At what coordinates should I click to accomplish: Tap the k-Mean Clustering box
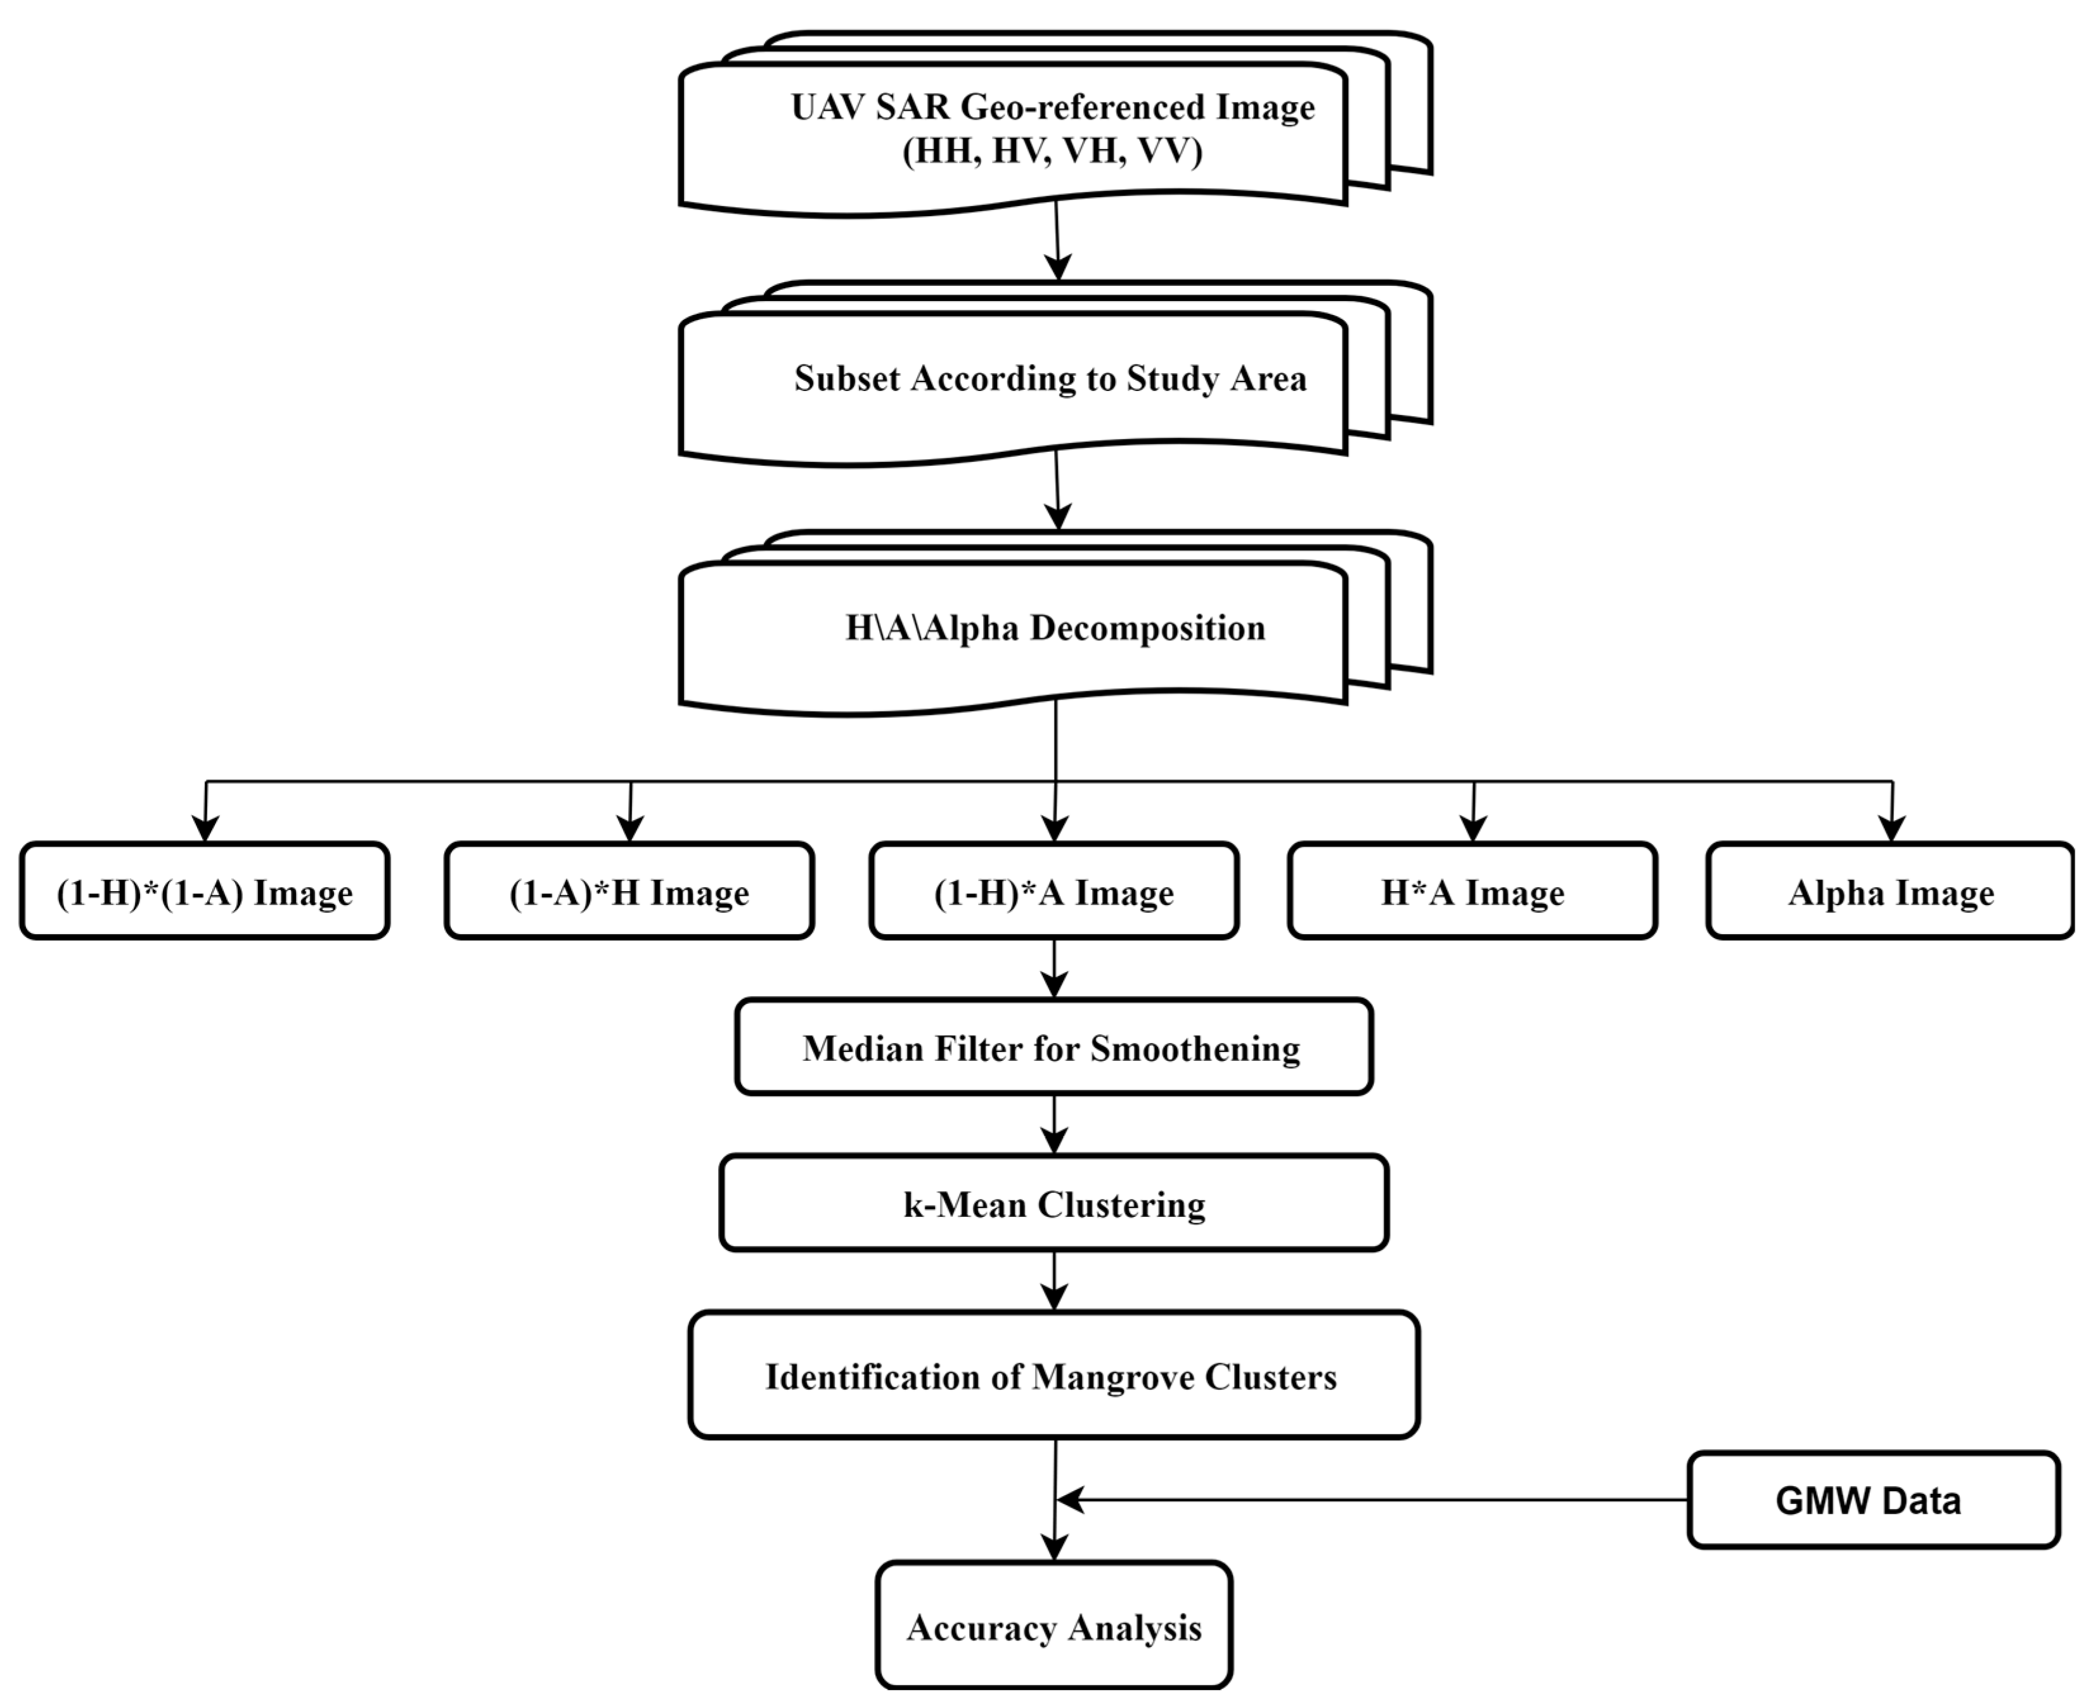click(1053, 1204)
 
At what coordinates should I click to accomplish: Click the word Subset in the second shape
click(847, 378)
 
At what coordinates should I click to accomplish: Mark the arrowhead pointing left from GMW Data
click(1070, 1499)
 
